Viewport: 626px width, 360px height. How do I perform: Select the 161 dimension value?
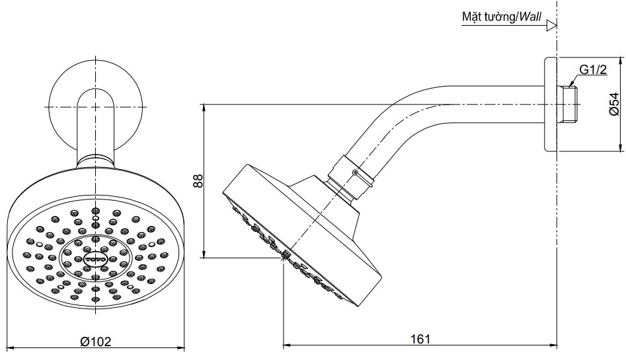tap(420, 338)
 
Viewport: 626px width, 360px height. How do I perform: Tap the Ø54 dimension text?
tap(614, 104)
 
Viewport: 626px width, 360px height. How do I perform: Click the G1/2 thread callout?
tap(593, 70)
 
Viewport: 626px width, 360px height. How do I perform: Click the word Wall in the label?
tap(531, 17)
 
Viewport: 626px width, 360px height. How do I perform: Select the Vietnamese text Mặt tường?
tap(489, 17)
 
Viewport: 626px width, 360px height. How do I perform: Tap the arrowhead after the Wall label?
tap(552, 27)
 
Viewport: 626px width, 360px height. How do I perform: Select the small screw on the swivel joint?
tap(356, 173)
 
